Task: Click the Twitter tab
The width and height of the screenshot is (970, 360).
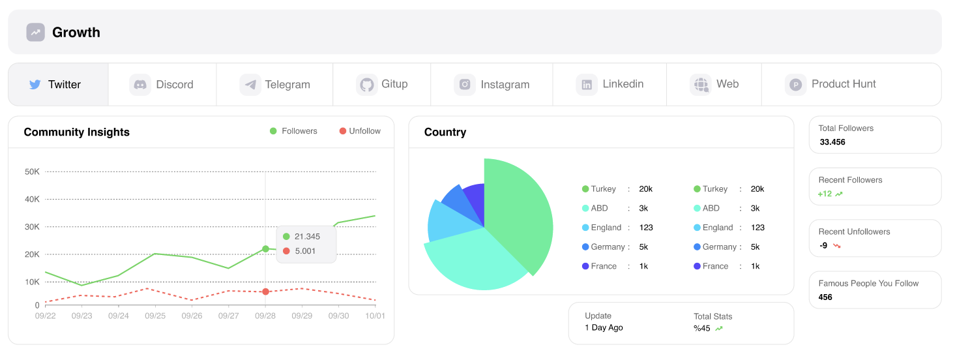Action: point(57,84)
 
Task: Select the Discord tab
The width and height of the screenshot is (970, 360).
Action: point(162,84)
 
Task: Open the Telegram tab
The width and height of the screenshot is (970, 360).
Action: point(275,84)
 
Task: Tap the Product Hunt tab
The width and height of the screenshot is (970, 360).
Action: point(831,84)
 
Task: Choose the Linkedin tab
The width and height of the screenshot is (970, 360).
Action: point(610,84)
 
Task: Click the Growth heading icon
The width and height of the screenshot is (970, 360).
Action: point(36,32)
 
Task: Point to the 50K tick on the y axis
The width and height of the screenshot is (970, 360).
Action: point(33,172)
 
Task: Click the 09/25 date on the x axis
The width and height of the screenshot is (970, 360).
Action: point(155,316)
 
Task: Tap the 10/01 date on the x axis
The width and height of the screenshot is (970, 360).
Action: point(375,316)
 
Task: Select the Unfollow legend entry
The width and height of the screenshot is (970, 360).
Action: point(360,131)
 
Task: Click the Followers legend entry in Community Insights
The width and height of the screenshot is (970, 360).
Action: point(294,131)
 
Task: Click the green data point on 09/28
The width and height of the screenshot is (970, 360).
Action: point(265,248)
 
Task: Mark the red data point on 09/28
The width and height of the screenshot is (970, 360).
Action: point(265,292)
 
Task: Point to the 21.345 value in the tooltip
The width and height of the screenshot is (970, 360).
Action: point(307,237)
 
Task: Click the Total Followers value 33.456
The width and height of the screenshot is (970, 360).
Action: point(832,142)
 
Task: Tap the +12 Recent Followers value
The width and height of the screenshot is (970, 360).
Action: point(825,194)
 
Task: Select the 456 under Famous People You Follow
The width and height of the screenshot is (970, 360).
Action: point(825,297)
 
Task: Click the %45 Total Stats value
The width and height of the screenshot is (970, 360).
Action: point(701,328)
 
